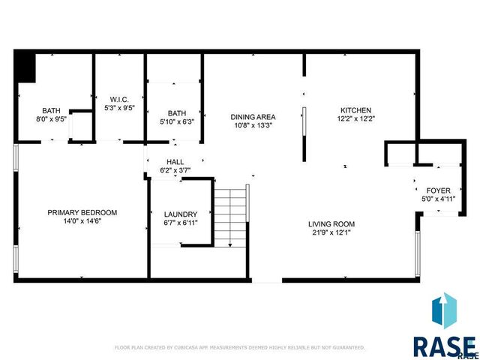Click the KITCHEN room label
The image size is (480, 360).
[355, 110]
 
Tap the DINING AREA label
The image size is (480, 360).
[253, 117]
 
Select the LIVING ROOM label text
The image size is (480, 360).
[331, 224]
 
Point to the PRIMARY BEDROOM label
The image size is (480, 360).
[82, 212]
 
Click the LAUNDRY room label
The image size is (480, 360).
[181, 214]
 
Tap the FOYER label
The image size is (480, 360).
[438, 190]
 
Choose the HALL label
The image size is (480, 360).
[175, 162]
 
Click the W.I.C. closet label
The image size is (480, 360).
[119, 99]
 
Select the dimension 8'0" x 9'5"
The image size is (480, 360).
[51, 118]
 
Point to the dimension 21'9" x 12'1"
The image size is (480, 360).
[331, 233]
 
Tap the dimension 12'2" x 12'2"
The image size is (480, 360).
[355, 118]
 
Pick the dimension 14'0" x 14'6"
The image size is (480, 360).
[82, 221]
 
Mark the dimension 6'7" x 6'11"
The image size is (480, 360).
[181, 223]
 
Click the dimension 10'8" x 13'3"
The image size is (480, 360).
[253, 125]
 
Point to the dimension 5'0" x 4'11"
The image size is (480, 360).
[438, 199]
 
